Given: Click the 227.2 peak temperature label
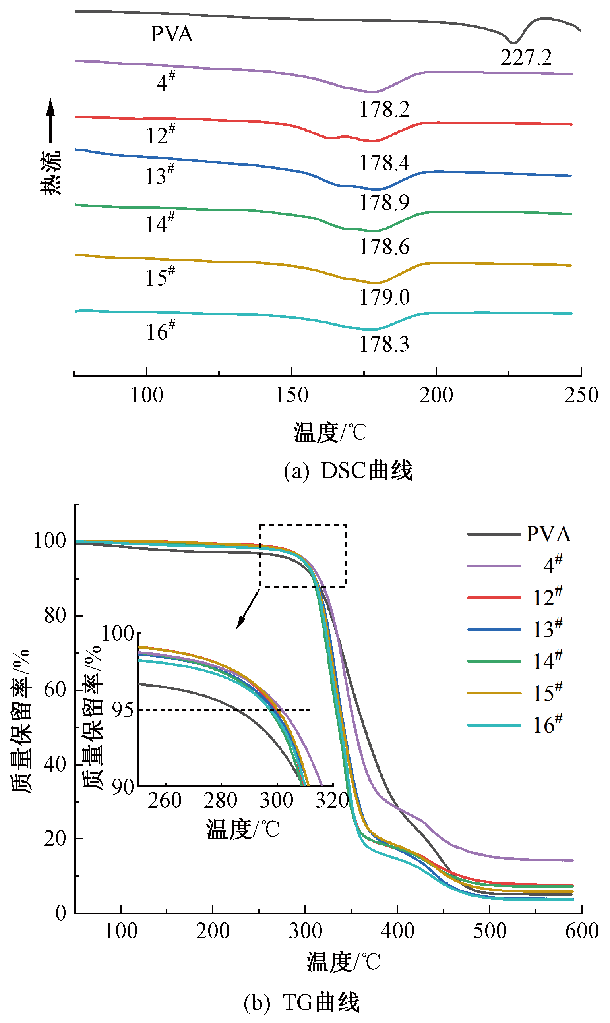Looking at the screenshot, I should click(526, 58).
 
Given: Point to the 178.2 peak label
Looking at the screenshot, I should click(384, 110).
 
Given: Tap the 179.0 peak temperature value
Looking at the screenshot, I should click(384, 298).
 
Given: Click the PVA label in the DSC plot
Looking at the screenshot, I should click(171, 34).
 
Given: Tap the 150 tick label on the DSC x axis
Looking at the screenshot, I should click(291, 395).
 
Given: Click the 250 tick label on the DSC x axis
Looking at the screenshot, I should click(581, 395).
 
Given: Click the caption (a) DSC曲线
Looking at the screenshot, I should click(348, 471).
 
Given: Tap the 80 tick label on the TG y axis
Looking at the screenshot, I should click(55, 615).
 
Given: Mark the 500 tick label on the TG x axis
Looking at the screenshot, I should click(490, 931).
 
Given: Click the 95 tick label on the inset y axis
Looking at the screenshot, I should click(122, 710).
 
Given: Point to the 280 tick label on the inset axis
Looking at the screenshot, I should click(220, 800).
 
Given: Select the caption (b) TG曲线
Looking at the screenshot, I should click(301, 1003).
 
